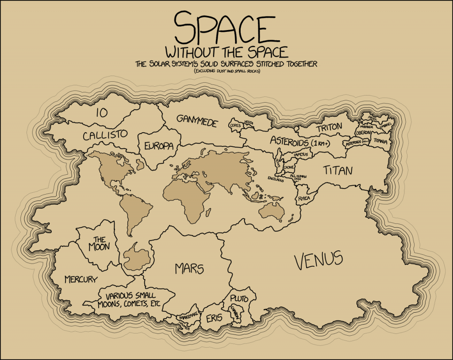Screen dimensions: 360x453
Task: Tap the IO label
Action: pos(102,113)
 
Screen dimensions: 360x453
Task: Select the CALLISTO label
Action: pos(105,134)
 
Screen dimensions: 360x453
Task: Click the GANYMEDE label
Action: pos(197,121)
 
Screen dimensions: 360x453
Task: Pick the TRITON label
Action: pos(329,127)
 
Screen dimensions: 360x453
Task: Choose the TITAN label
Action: pos(337,170)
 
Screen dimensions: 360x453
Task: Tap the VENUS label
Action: pos(319,260)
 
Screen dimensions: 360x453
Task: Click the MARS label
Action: pos(189,268)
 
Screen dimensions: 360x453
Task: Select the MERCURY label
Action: pos(81,280)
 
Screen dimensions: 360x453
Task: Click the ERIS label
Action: pos(214,318)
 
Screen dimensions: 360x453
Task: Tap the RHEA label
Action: pos(304,199)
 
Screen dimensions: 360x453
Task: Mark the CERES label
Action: pos(234,126)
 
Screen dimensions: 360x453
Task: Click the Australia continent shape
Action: pos(271,212)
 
